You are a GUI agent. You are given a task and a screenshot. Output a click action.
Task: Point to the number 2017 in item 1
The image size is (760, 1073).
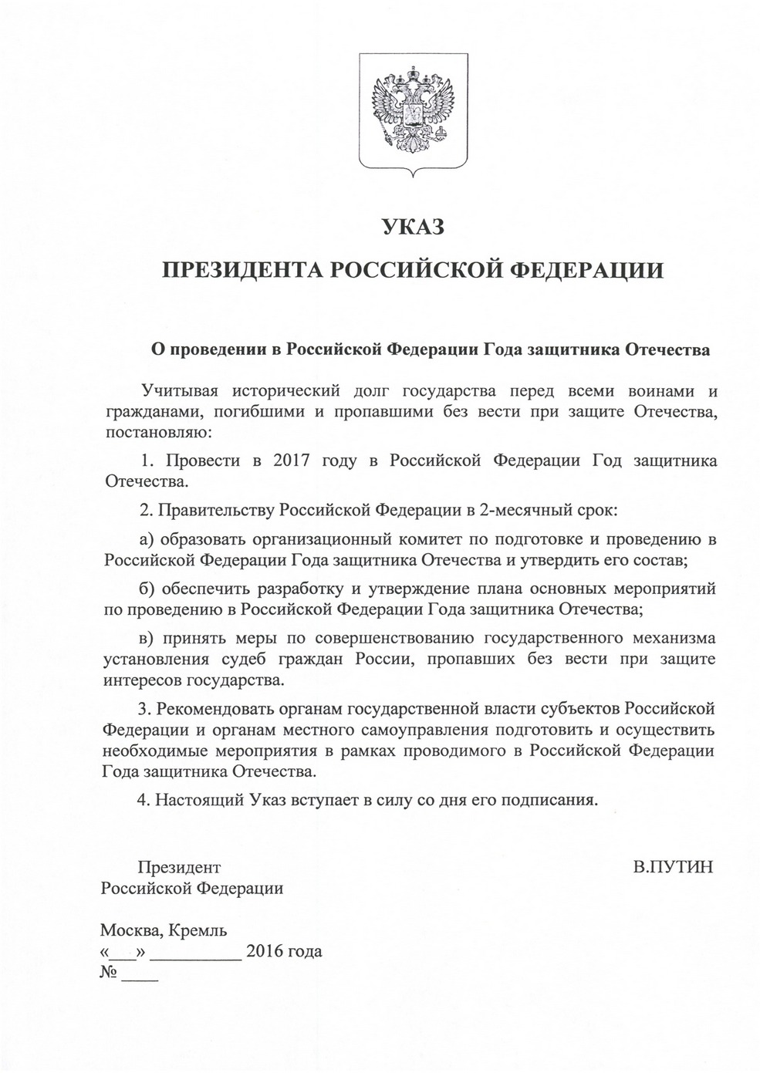coord(292,461)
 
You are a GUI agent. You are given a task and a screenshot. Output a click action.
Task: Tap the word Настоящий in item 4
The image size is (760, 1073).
coord(201,799)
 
